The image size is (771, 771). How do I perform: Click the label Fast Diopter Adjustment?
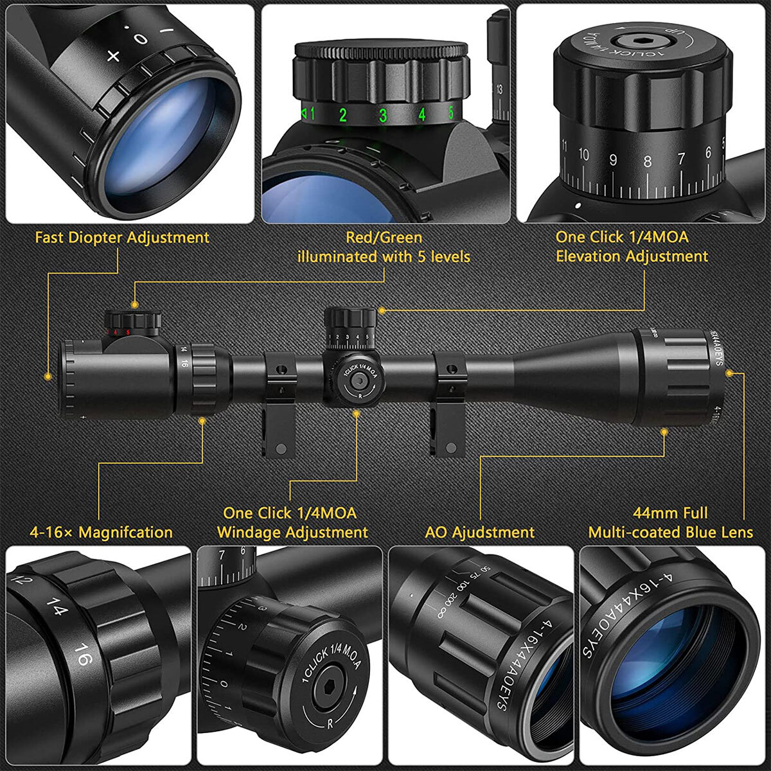click(x=122, y=238)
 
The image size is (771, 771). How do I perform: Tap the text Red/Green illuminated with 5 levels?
click(x=384, y=247)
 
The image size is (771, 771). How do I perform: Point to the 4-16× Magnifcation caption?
click(x=101, y=533)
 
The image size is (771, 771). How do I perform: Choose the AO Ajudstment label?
click(x=479, y=533)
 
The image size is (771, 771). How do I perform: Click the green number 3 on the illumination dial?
click(x=383, y=116)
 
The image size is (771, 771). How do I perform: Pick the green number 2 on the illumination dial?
click(x=343, y=116)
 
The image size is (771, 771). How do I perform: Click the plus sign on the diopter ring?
click(x=113, y=56)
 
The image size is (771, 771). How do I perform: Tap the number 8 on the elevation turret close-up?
click(x=647, y=161)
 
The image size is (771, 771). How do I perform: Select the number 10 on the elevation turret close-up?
click(x=583, y=155)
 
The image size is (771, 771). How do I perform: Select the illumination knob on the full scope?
click(x=134, y=321)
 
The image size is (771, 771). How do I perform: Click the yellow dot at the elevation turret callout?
click(x=382, y=310)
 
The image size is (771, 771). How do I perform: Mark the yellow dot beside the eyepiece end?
click(x=47, y=376)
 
